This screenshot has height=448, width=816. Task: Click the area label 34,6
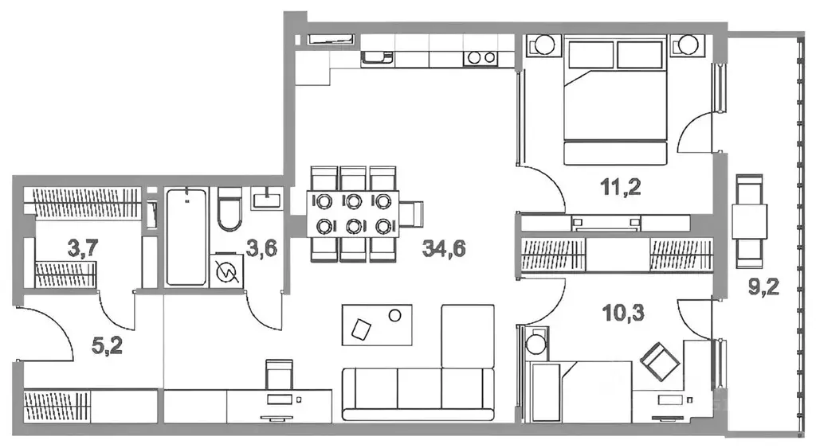tap(444, 249)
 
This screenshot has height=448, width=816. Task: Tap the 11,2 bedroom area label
tap(621, 186)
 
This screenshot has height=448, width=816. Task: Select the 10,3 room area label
tap(623, 313)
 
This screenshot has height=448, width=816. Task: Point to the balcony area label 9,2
tap(763, 286)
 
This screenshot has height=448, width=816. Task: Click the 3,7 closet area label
tap(83, 248)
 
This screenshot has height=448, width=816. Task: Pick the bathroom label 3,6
tap(261, 248)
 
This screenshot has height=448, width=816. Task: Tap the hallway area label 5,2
tap(107, 345)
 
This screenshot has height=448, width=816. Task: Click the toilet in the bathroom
tap(229, 209)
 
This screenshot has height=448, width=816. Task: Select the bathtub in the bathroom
tap(186, 237)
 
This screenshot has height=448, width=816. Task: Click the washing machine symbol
tap(227, 271)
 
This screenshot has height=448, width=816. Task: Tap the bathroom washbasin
tap(267, 198)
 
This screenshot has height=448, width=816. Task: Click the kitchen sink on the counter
tap(377, 56)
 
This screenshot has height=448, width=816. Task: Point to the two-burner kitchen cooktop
tap(481, 57)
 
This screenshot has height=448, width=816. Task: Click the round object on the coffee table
tap(395, 315)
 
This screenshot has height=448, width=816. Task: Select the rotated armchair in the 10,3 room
tap(660, 362)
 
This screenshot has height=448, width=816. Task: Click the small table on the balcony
tap(749, 221)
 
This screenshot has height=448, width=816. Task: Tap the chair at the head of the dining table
tap(412, 213)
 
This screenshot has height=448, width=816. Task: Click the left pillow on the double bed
tap(591, 54)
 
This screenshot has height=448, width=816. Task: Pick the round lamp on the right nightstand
tap(688, 45)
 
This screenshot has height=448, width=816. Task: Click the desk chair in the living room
tap(279, 374)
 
